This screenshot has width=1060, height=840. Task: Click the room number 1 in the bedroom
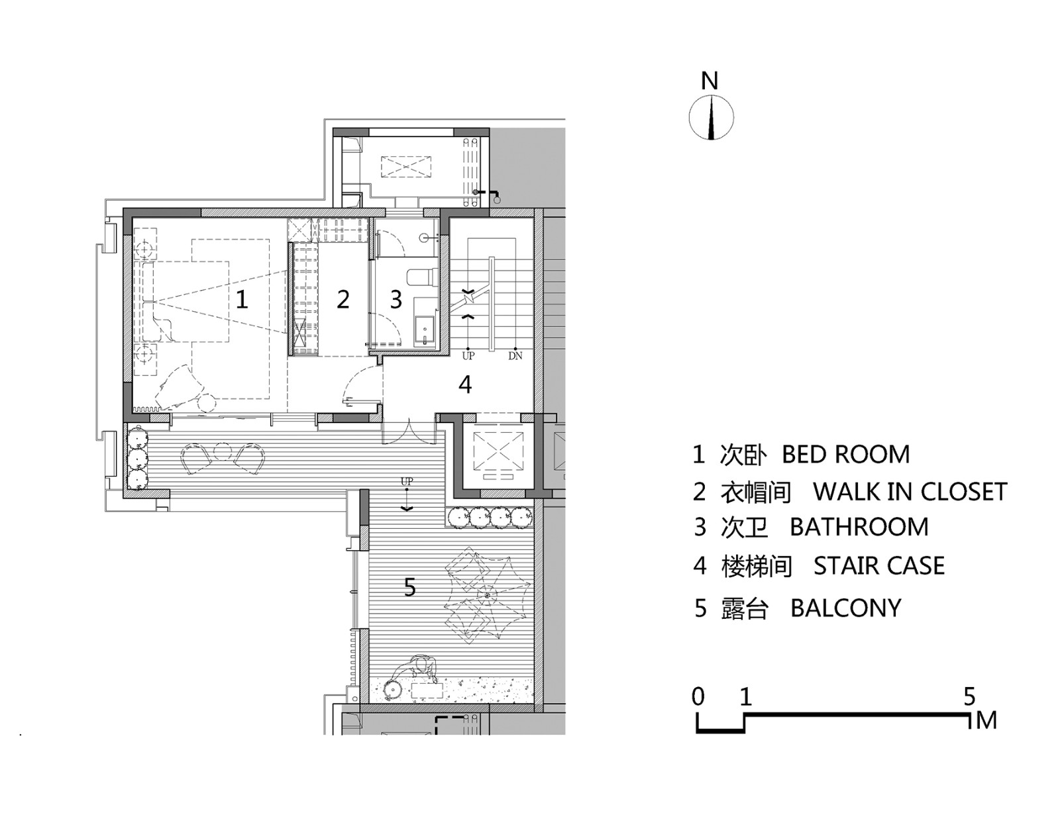[241, 300]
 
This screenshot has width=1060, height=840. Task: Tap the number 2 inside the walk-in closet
[343, 300]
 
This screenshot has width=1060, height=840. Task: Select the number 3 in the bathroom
[396, 300]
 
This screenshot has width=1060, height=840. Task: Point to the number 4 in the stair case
[466, 385]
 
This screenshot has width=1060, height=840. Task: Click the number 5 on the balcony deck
[410, 587]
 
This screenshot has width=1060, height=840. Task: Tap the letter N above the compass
[710, 81]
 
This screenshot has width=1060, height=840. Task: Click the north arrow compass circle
[711, 118]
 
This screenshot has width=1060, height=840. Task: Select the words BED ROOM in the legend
[846, 454]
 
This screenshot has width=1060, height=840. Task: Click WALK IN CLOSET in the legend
[910, 491]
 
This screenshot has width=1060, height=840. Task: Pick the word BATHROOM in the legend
[859, 527]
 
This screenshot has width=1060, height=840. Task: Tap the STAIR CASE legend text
[879, 566]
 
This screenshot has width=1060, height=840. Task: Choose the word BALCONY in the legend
[846, 608]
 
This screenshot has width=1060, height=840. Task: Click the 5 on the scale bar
[969, 696]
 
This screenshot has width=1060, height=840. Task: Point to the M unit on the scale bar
[986, 721]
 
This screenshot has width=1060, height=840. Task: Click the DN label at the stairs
[515, 355]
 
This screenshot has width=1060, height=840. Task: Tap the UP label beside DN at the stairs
[468, 355]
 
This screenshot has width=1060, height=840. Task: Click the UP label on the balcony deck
[407, 481]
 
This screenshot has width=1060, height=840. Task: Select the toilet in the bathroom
[422, 277]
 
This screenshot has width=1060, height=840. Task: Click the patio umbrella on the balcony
[486, 596]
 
